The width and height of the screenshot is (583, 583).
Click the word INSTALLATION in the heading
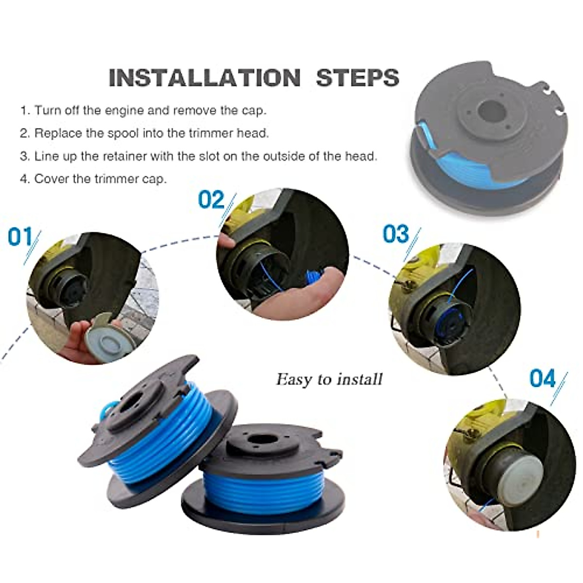[x=205, y=78]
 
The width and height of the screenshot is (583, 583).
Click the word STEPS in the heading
[x=358, y=78]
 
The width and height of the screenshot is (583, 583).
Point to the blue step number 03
[x=396, y=234]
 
